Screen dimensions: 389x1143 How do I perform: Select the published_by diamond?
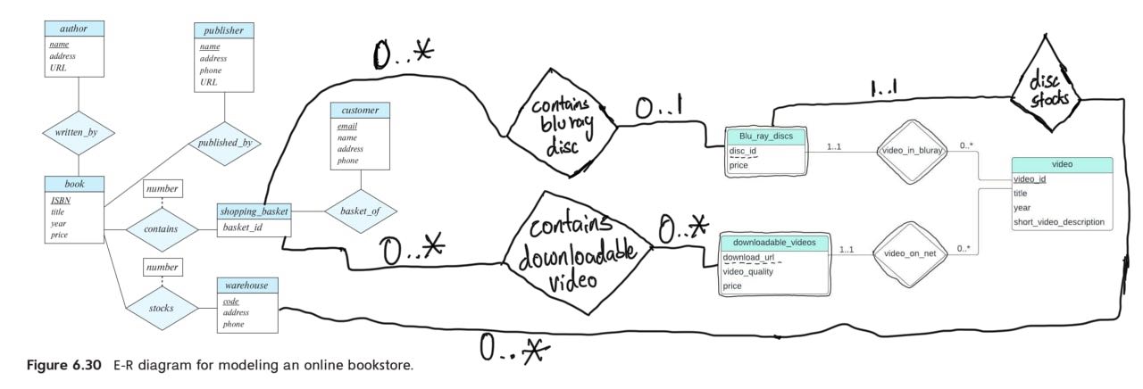click(x=223, y=141)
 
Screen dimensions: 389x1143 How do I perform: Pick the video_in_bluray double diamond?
click(x=910, y=152)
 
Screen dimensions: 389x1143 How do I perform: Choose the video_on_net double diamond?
click(x=909, y=252)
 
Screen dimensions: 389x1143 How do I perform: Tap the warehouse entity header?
click(x=247, y=286)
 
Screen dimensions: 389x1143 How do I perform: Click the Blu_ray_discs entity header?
click(x=766, y=137)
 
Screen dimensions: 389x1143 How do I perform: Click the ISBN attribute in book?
click(x=62, y=201)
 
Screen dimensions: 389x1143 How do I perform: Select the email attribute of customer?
click(x=347, y=127)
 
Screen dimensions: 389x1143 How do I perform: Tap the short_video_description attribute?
click(x=1058, y=221)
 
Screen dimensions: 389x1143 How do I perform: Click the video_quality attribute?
click(x=747, y=271)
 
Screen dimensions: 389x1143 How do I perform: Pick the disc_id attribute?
click(x=743, y=152)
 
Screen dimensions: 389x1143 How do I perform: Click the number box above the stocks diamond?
click(x=163, y=266)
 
